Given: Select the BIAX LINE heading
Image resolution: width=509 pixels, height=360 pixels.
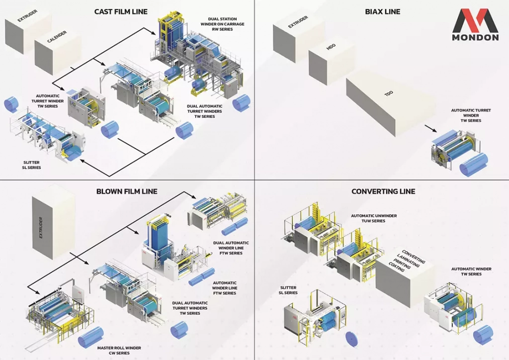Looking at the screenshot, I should [382, 11].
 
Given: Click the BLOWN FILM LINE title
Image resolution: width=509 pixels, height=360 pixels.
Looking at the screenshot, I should [127, 191].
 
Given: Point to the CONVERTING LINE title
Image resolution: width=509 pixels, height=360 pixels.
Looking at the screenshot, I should [383, 191].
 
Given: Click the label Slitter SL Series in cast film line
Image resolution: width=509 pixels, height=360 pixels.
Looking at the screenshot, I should [31, 165].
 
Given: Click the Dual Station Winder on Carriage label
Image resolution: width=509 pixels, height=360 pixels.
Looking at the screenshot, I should [222, 24].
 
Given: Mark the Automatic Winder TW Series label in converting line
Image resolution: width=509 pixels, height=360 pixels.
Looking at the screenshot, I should [471, 271].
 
